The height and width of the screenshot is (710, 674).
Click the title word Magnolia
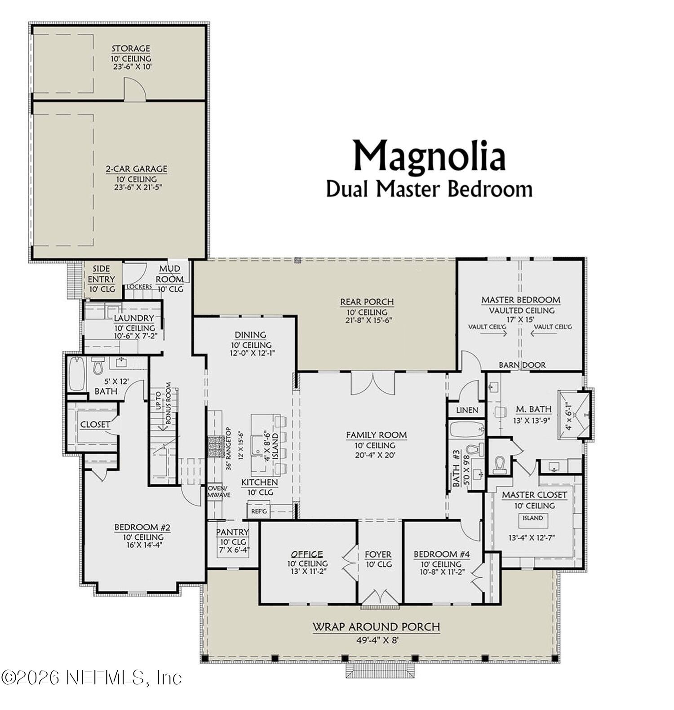(429, 156)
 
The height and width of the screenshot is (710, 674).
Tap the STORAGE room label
(131, 49)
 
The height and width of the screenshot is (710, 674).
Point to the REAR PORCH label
(367, 302)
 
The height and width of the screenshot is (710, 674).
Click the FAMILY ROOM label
(376, 435)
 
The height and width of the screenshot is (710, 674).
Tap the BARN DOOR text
(522, 365)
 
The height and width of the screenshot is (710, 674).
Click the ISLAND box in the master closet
(532, 518)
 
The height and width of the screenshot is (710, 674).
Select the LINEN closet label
(467, 410)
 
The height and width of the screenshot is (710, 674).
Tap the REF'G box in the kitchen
(259, 511)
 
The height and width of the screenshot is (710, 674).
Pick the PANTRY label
(232, 532)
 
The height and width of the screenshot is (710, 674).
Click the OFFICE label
(307, 555)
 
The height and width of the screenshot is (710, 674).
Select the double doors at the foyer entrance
(381, 598)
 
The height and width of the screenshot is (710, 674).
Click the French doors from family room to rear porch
(373, 383)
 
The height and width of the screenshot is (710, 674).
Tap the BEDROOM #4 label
(441, 555)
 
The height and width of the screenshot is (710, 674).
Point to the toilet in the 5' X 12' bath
(98, 366)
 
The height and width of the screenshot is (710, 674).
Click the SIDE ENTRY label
(101, 274)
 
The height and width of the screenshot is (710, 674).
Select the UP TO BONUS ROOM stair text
(163, 404)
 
